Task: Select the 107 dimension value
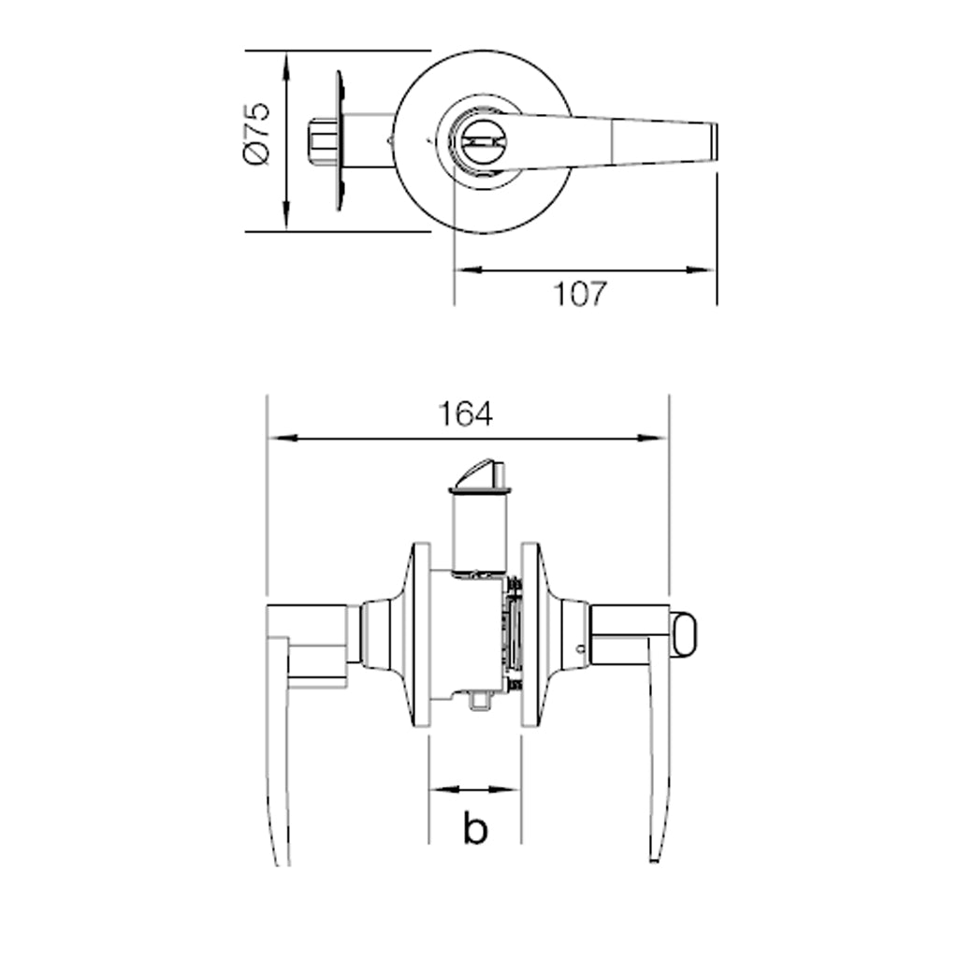tap(580, 294)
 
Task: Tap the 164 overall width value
tap(466, 414)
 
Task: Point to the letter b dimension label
tap(475, 828)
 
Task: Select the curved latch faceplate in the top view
tap(340, 141)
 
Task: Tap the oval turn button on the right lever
tap(684, 636)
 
